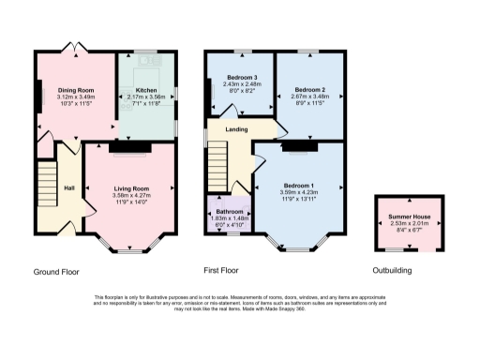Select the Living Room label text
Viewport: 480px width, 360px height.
point(131,188)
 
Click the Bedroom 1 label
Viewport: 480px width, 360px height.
point(301,187)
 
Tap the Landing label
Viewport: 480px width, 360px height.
point(236,128)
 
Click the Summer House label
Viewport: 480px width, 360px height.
point(407,216)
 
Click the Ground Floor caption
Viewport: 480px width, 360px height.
point(56,272)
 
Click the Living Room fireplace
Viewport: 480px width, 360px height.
point(123,146)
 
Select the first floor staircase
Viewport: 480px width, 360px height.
point(218,159)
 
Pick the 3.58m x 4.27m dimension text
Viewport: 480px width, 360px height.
point(131,195)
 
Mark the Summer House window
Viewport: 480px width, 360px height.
point(406,249)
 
